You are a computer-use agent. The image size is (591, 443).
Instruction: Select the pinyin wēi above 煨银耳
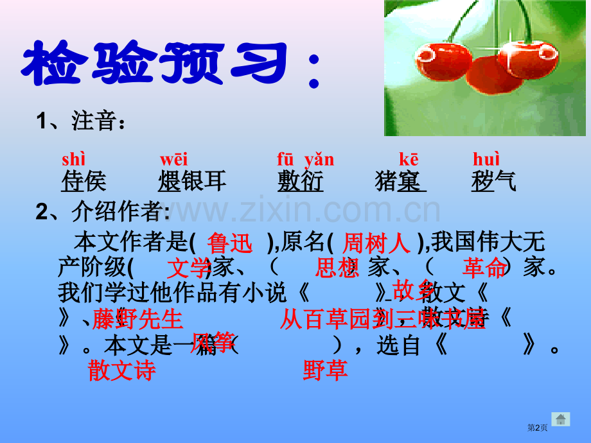point(173,159)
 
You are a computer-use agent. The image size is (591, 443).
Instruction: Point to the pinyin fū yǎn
point(305,159)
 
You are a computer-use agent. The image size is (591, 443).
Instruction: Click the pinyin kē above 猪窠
point(409,159)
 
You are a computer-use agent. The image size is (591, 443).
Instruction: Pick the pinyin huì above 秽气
point(486,159)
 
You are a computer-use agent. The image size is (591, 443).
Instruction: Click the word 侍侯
point(84,182)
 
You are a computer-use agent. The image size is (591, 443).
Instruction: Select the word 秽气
point(493,182)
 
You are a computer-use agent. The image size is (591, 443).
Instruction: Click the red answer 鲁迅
point(231,243)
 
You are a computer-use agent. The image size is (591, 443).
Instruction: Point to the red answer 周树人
point(376,243)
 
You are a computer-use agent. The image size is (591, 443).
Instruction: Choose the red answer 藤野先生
point(137,319)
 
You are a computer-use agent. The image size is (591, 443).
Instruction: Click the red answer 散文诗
point(122,370)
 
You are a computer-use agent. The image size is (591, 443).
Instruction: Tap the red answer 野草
point(325,370)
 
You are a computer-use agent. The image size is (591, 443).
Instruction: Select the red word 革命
point(484,268)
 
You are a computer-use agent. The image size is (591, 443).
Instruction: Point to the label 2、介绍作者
point(103,212)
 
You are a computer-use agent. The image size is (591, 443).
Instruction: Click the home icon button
point(561,419)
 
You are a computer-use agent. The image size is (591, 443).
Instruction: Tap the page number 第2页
point(538,428)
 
